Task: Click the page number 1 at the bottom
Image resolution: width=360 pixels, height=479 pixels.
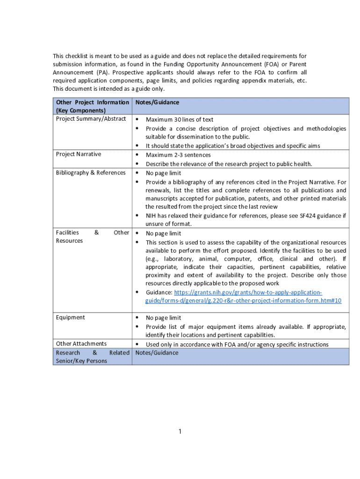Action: (x=180, y=431)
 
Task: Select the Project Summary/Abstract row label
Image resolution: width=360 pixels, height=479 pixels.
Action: (x=91, y=119)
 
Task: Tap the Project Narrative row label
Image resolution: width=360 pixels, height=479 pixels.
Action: (x=78, y=154)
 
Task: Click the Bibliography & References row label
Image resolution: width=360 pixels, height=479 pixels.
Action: (x=91, y=173)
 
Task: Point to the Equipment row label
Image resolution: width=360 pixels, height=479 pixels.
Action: (x=70, y=317)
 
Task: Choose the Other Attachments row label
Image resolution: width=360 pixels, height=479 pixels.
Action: (x=81, y=344)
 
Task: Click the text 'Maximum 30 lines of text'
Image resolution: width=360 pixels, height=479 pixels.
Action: (x=180, y=120)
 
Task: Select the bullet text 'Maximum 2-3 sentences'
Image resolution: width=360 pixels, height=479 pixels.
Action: (x=178, y=155)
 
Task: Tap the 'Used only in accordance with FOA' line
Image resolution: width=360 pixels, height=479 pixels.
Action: (x=237, y=345)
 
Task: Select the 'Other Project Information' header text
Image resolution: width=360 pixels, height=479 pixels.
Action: (x=92, y=102)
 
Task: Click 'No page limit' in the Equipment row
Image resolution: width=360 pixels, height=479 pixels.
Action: (x=163, y=318)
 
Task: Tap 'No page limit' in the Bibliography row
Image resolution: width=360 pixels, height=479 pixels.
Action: (x=163, y=173)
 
